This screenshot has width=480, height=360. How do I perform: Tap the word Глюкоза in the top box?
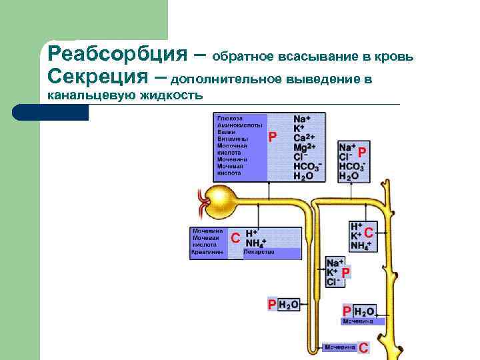[x=229, y=118]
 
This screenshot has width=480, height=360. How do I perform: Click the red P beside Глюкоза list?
[x=272, y=137]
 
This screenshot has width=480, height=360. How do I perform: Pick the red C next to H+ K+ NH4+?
[x=368, y=233]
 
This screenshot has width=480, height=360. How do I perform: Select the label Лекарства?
[x=259, y=253]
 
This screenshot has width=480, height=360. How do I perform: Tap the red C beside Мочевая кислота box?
[x=235, y=238]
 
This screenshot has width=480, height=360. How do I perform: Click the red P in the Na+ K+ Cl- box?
[x=345, y=273]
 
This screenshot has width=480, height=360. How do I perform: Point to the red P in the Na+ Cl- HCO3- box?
[x=362, y=153]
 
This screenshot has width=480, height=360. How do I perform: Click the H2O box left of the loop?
[x=289, y=305]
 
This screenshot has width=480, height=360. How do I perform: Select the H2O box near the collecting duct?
[x=365, y=311]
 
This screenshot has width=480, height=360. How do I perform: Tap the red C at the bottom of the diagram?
[x=363, y=347]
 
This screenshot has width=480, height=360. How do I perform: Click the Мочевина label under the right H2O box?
[x=357, y=321]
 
